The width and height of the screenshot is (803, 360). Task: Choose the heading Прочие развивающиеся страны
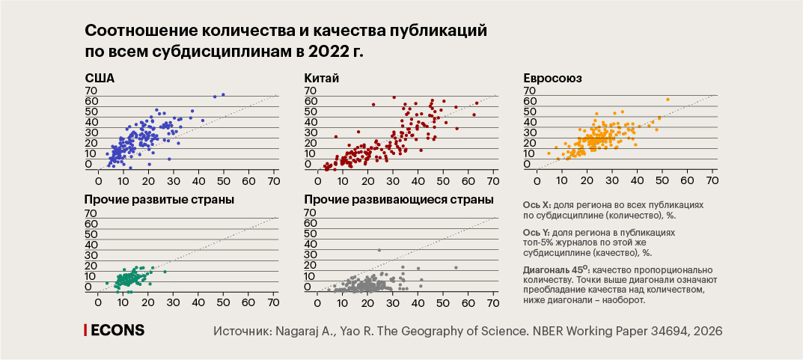tap(399, 200)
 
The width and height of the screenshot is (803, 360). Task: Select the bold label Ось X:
tap(538, 204)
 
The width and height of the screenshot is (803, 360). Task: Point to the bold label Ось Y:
tap(538, 233)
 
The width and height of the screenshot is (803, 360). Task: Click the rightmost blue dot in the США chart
tap(223, 94)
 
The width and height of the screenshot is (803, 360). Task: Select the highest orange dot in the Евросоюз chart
tap(667, 100)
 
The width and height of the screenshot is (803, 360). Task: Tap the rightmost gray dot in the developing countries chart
tap(455, 268)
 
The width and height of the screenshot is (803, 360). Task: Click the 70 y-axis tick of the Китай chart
tap(310, 91)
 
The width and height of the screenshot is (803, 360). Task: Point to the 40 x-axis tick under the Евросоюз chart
tap(637, 180)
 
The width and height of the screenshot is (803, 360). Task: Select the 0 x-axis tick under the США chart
tap(99, 180)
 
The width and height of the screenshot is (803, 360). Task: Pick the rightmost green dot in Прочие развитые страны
tap(165, 272)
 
